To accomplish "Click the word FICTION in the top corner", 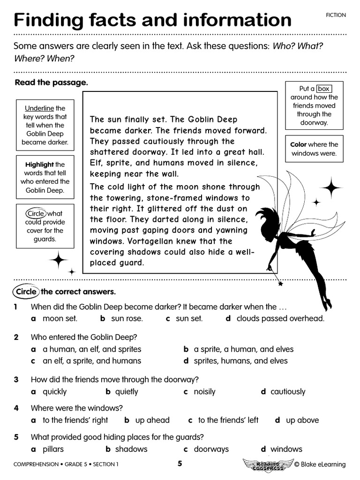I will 336,15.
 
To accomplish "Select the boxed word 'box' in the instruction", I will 323,89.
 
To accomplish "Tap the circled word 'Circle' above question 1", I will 26,292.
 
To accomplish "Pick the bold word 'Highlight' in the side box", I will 40,165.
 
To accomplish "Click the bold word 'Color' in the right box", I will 299,144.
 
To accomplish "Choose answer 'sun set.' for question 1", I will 189,319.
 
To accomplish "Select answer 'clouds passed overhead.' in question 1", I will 280,319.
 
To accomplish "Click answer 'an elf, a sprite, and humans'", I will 91,361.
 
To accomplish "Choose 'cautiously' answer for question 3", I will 287,391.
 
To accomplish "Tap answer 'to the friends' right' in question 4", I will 75,420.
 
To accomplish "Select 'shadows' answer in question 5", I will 131,449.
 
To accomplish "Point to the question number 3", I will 16,379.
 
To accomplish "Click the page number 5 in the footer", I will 180,464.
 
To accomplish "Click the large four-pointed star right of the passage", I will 331,187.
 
